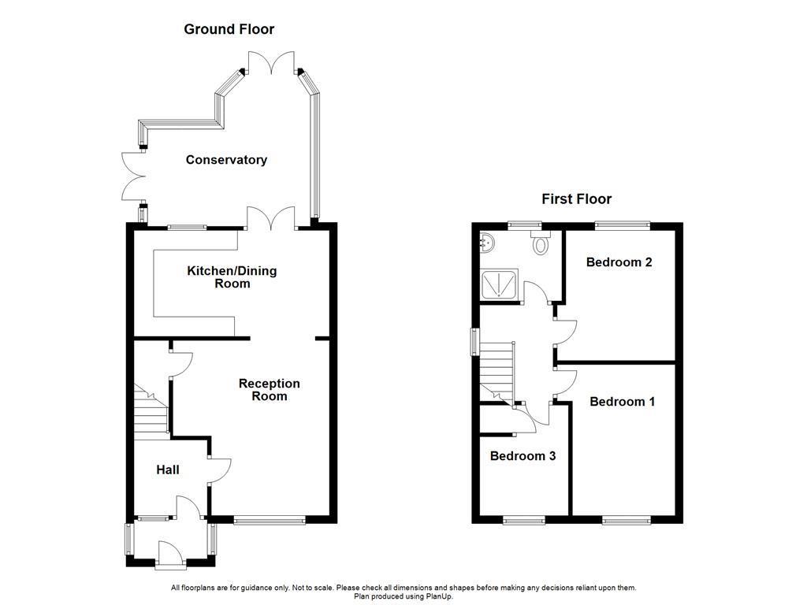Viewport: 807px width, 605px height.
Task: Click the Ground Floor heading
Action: point(229,29)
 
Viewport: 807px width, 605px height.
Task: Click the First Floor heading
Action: point(576,199)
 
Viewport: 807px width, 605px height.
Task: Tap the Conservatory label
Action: point(226,160)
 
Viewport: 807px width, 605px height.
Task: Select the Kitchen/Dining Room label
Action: point(232,277)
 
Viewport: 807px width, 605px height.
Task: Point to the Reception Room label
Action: point(270,390)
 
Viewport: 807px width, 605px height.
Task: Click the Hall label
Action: point(167,470)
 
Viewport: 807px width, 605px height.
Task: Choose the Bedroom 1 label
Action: point(622,402)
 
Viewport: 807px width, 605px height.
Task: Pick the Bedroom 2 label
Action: point(619,262)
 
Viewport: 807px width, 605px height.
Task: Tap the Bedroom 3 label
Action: point(523,456)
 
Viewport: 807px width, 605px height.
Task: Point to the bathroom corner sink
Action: point(487,242)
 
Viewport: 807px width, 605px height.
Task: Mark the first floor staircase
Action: point(496,370)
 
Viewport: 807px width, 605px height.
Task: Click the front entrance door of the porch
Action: point(171,554)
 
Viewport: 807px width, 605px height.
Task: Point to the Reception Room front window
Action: point(270,520)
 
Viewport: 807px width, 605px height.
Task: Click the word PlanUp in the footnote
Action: point(440,597)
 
